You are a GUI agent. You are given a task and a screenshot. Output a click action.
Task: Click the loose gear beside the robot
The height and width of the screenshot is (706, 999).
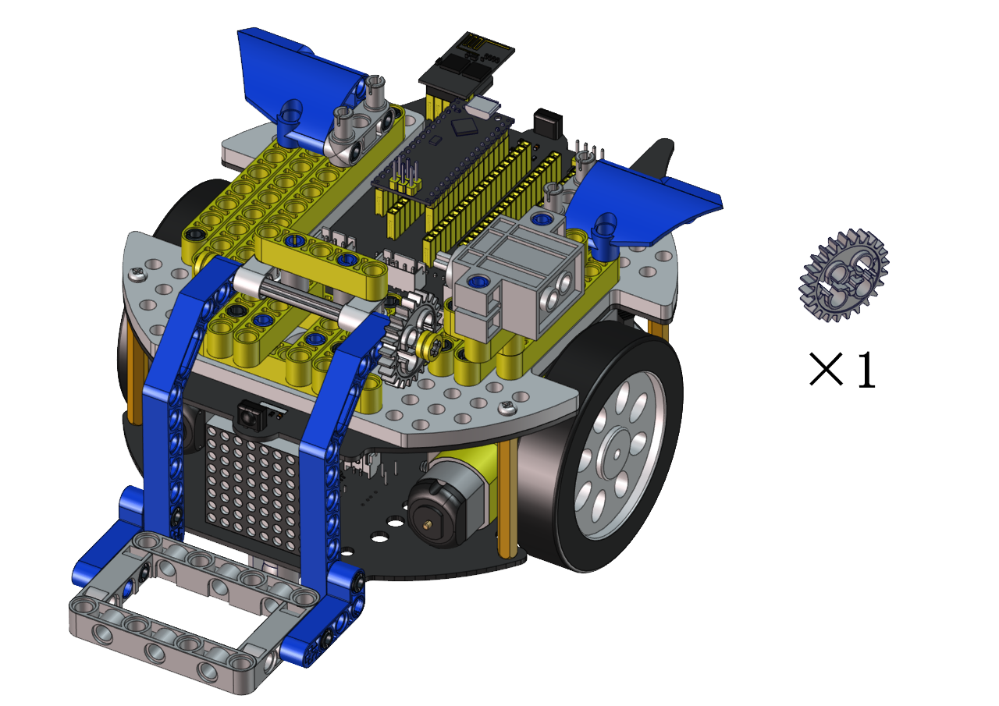click(844, 275)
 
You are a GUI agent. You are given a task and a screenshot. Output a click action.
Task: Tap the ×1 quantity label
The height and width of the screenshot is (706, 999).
click(842, 370)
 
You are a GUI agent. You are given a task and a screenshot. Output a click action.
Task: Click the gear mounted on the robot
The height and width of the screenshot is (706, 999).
click(409, 338)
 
